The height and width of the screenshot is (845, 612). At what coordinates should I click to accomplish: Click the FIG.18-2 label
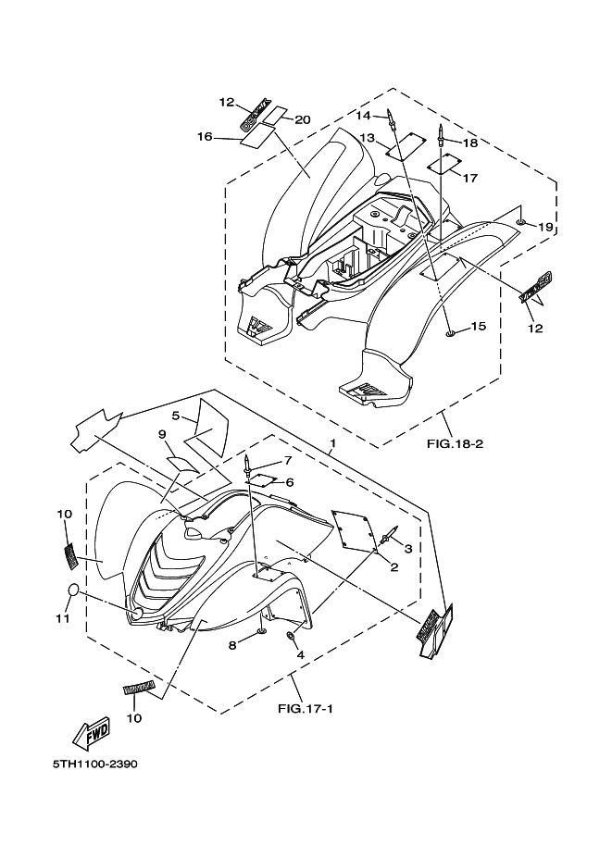tap(456, 443)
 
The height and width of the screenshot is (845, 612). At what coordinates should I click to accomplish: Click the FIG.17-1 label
tap(302, 711)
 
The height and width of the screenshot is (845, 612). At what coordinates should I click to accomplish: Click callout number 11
tap(63, 618)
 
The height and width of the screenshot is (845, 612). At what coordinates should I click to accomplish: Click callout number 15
tap(478, 326)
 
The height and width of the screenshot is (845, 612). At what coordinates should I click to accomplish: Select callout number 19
tap(546, 227)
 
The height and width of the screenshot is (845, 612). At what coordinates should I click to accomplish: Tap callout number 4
tap(299, 654)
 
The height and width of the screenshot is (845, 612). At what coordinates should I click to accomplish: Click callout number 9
tap(161, 434)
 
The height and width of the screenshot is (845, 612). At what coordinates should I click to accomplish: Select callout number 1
tap(331, 444)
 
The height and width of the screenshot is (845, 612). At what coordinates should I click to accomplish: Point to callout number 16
tap(205, 137)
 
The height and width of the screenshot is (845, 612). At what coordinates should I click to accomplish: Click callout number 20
tap(303, 118)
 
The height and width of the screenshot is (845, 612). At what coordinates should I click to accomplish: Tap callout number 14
tap(364, 115)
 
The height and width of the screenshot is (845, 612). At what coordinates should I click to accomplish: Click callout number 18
tap(470, 143)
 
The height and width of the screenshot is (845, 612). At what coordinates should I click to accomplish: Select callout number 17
tap(469, 178)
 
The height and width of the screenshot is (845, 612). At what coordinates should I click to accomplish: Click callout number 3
tap(407, 548)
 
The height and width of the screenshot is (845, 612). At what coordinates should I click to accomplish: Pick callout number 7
tap(288, 460)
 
